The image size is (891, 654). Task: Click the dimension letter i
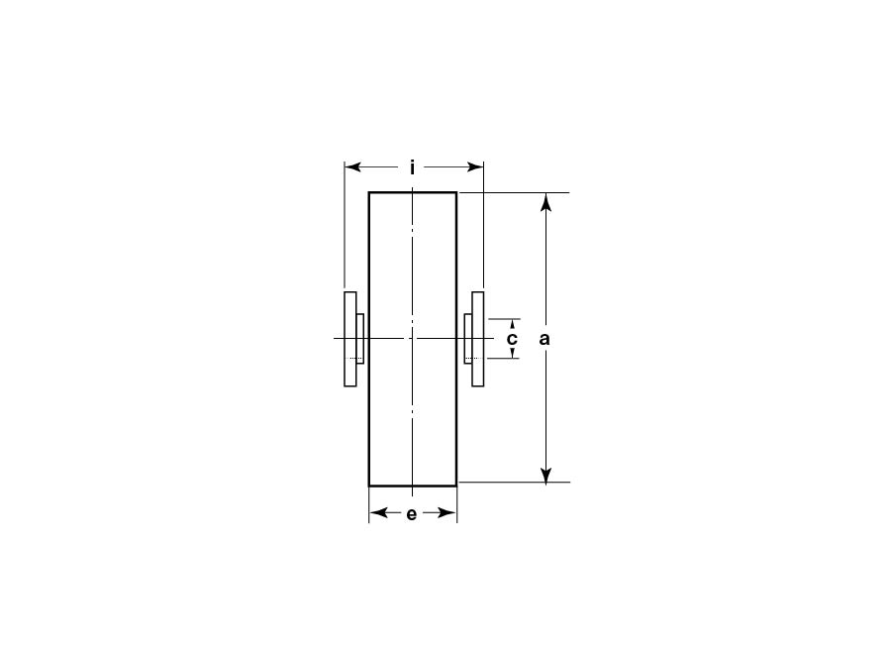413,167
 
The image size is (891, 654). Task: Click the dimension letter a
544,339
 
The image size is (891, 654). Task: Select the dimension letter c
512,339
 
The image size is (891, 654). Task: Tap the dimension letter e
412,514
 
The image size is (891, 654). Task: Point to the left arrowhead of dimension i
352,167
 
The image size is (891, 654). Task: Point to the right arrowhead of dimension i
475,167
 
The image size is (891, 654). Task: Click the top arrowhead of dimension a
545,201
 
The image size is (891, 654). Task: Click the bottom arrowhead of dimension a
545,474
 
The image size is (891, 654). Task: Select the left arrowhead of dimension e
378,513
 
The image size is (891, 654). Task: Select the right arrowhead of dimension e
447,513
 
